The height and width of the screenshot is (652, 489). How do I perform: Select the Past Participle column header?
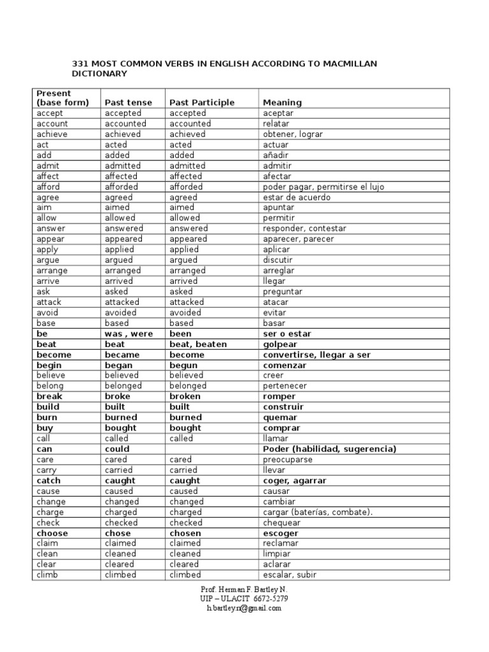[x=202, y=103]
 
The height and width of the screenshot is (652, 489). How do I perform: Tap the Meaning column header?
[x=282, y=103]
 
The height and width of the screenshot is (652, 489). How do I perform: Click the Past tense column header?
[x=129, y=103]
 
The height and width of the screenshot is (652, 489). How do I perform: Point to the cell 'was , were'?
[x=129, y=334]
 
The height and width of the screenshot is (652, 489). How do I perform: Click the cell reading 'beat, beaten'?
[x=198, y=344]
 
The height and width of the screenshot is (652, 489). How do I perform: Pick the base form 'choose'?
[x=52, y=533]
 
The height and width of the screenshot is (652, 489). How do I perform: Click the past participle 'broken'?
[x=185, y=397]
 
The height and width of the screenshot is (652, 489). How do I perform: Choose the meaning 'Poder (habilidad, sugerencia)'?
[x=329, y=449]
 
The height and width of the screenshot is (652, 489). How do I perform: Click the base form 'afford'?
[x=50, y=187]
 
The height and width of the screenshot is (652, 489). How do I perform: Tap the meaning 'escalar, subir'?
[x=290, y=575]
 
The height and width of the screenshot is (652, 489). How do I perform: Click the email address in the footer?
[x=244, y=608]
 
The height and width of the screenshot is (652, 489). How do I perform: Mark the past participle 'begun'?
[x=183, y=365]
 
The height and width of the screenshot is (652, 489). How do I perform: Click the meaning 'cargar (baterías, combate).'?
[x=318, y=512]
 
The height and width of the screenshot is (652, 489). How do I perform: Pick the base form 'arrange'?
[x=52, y=271]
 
